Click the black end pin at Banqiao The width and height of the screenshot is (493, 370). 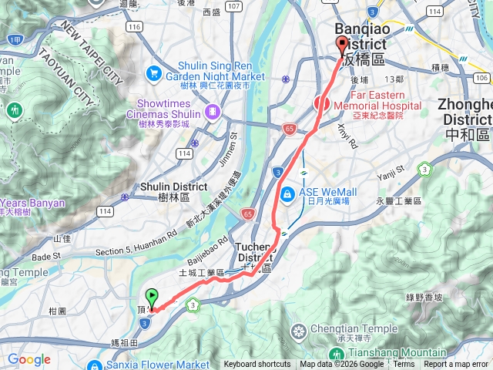[x=343, y=46]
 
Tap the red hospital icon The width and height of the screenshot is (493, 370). [x=321, y=103]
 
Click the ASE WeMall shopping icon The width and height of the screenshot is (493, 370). [x=287, y=193]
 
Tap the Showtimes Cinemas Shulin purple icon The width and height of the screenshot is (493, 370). [x=212, y=113]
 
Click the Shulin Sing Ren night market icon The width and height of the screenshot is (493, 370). [x=153, y=72]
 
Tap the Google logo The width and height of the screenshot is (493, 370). [x=29, y=359]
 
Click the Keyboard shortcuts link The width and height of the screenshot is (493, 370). [x=257, y=365]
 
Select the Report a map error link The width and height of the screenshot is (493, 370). [x=456, y=365]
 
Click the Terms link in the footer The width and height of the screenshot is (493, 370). [x=404, y=365]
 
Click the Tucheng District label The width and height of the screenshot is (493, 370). [x=255, y=252]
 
